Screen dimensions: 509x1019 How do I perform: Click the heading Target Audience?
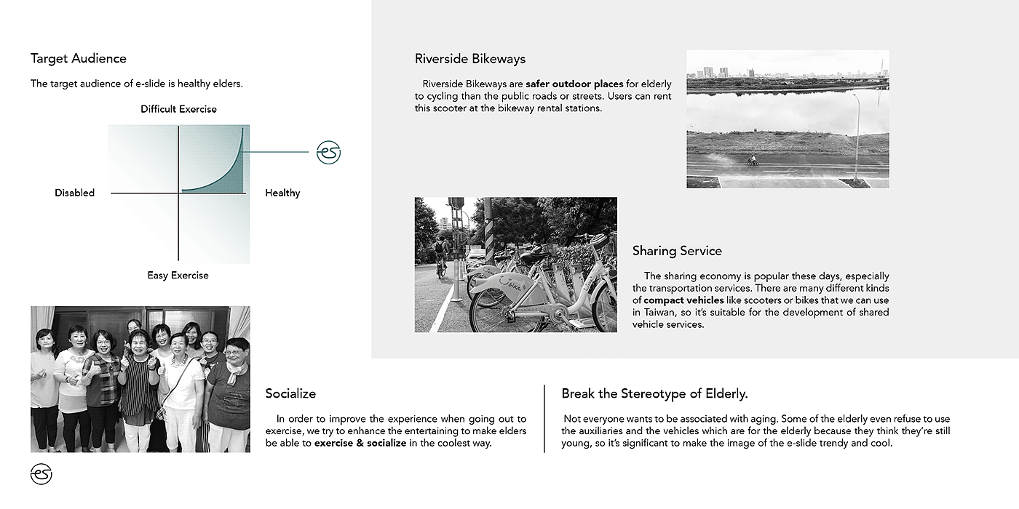coord(79,59)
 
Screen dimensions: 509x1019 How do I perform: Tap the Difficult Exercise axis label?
coord(178,109)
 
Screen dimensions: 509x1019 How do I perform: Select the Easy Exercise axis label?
coord(178,276)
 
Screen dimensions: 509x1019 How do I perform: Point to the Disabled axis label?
coord(74,193)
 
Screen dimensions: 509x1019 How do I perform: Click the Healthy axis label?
coord(282,193)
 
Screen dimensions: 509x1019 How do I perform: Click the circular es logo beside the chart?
coord(328,153)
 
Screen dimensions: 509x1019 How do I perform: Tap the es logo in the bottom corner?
coord(41,474)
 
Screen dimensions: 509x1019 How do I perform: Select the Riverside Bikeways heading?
coord(470,59)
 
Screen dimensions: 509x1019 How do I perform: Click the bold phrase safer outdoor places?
coord(574,84)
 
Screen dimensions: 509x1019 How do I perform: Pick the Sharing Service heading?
coord(677,251)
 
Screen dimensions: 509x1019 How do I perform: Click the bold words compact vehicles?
coord(683,300)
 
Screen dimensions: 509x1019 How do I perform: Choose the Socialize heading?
coord(290,393)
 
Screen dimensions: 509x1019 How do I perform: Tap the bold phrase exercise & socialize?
coord(360,443)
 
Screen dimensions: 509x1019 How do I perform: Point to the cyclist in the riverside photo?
coord(753,161)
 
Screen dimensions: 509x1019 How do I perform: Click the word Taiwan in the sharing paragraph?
coord(647,313)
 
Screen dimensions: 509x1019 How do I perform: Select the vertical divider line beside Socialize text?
coord(544,419)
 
